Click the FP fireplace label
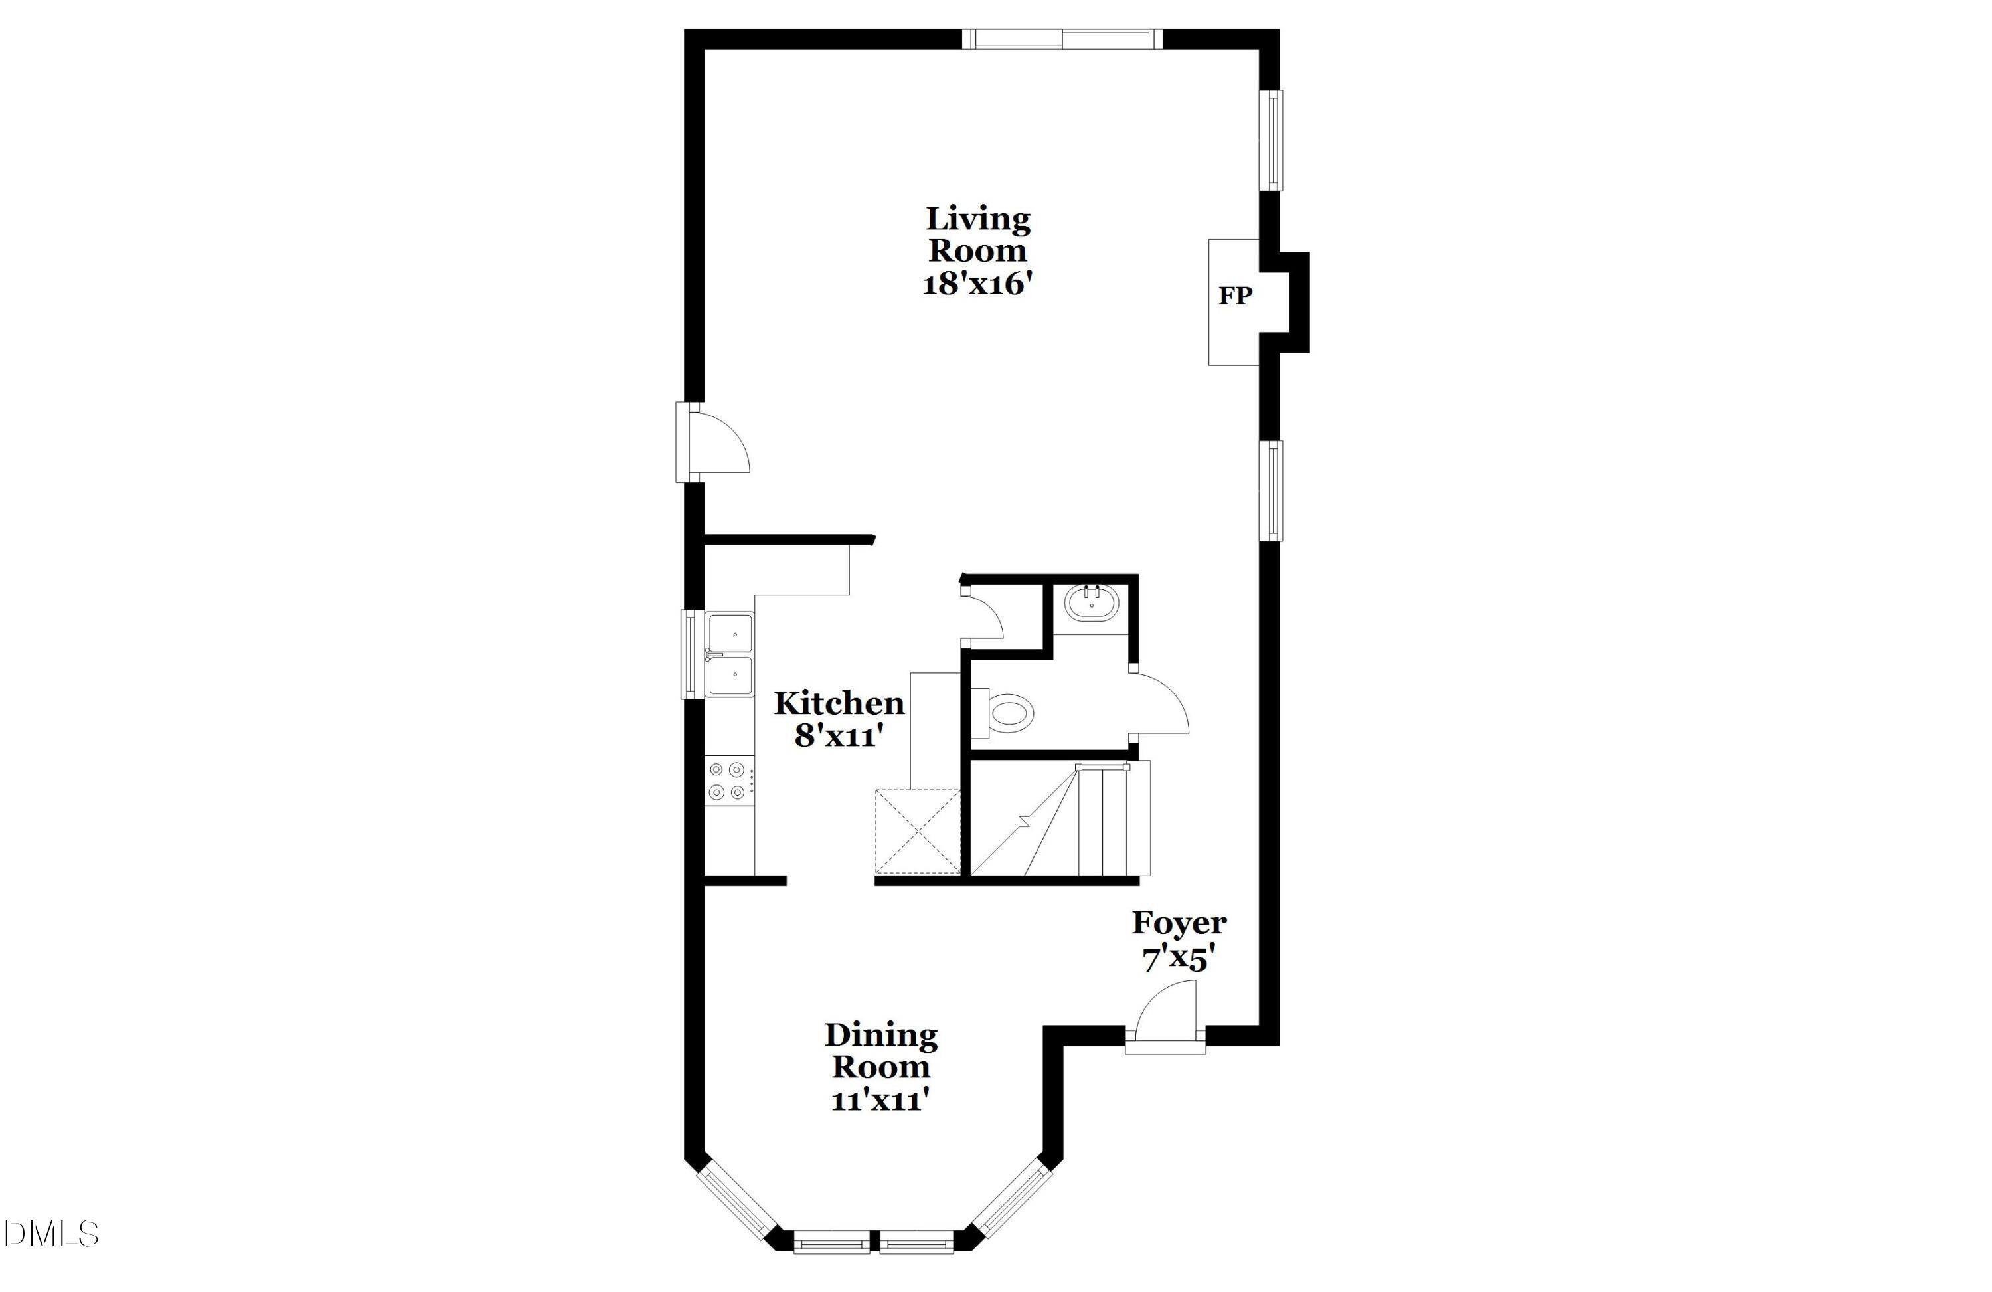tap(1234, 296)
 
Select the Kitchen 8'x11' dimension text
tap(839, 736)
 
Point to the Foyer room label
tap(1179, 923)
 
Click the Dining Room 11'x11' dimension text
tap(880, 1100)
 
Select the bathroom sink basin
tap(1092, 603)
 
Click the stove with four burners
tap(727, 781)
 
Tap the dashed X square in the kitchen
tap(918, 832)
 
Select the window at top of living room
tap(1061, 39)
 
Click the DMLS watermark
tap(52, 1234)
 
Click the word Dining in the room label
tap(880, 1035)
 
